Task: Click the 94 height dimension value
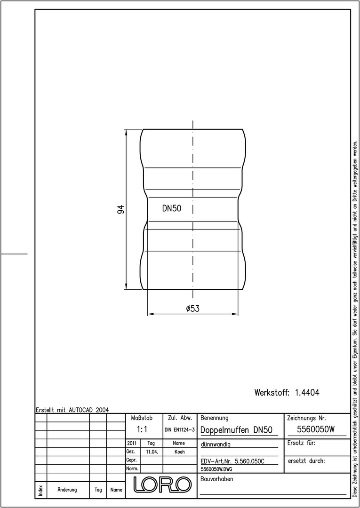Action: (x=121, y=209)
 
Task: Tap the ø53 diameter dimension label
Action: (x=193, y=309)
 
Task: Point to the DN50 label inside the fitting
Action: (x=172, y=209)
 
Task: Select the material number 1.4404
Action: (x=307, y=393)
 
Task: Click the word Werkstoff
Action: (x=272, y=393)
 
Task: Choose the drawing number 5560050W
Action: (x=316, y=429)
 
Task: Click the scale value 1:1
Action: (x=142, y=429)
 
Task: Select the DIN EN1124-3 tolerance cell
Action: (x=179, y=430)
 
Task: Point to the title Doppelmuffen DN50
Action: (x=237, y=430)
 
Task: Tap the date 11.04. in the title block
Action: (x=152, y=452)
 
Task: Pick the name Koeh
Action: (x=179, y=452)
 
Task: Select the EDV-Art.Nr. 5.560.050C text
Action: (x=232, y=461)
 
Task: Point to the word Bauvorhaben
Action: (x=217, y=479)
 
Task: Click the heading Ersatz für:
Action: (x=302, y=443)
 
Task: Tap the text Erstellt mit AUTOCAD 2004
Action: (x=72, y=410)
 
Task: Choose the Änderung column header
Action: (x=67, y=490)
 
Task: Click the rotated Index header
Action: (x=40, y=490)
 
